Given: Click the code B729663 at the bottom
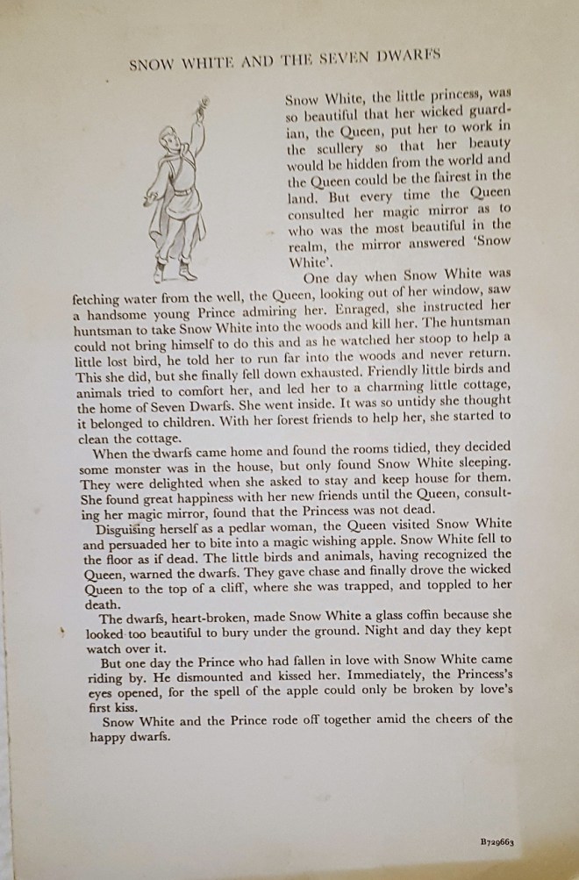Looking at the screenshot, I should [497, 841].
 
